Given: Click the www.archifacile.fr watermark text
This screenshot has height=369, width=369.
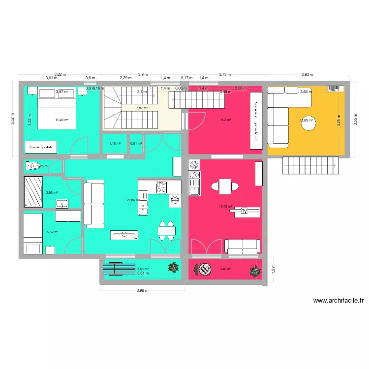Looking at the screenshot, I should pos(338,301).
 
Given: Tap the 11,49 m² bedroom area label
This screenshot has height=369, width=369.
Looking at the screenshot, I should pos(62,120).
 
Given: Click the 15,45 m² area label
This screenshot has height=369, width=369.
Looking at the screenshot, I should pos(225,207).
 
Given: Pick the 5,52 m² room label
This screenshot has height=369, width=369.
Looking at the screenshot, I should pos(53,232).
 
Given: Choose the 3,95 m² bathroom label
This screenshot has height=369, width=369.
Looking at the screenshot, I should pos(52,193).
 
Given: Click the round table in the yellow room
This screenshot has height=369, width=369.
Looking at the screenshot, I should pos(309,125).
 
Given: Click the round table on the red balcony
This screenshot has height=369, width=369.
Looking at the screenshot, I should pos(202,270).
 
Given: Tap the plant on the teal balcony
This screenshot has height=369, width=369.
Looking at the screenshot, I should pos(173,267).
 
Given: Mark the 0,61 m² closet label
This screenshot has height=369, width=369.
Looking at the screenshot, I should pos(136,143).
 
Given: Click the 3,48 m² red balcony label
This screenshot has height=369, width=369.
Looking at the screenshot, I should pos(225,269).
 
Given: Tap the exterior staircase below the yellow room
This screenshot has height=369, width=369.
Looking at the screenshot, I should pos(310,166).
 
